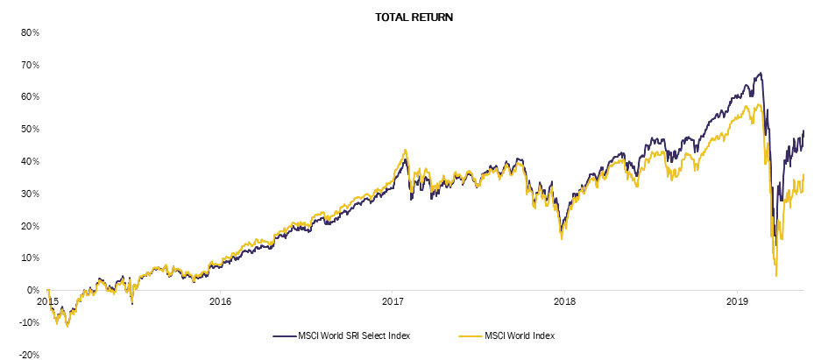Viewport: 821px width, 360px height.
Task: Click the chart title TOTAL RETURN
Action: pyautogui.click(x=414, y=18)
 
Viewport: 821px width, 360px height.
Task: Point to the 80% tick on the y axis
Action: pyautogui.click(x=31, y=32)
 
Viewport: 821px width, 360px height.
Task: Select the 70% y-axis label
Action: pyautogui.click(x=31, y=65)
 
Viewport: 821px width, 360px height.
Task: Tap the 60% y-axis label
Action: pyautogui.click(x=31, y=97)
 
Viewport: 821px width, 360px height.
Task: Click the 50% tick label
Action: pyautogui.click(x=31, y=130)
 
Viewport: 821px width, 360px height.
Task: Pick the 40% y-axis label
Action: pyautogui.click(x=31, y=161)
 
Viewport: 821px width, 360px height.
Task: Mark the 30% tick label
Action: pyautogui.click(x=31, y=194)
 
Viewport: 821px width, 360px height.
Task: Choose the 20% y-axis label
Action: pyautogui.click(x=31, y=226)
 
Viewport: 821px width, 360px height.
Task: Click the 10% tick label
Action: pyautogui.click(x=31, y=258)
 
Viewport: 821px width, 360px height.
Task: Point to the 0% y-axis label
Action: pyautogui.click(x=33, y=291)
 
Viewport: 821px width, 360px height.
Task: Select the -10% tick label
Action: pyautogui.click(x=30, y=322)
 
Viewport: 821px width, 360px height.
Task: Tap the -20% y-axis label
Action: pyautogui.click(x=30, y=355)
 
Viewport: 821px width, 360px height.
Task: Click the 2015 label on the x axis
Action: pyautogui.click(x=47, y=301)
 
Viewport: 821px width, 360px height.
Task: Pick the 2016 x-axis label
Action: pyautogui.click(x=220, y=301)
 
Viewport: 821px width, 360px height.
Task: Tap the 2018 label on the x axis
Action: pyautogui.click(x=564, y=301)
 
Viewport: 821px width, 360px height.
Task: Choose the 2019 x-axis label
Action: pyautogui.click(x=737, y=301)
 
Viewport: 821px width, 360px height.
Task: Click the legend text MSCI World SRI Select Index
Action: pyautogui.click(x=353, y=336)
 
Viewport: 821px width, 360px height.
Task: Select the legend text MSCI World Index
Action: pyautogui.click(x=520, y=336)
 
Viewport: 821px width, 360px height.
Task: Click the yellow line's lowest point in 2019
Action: pyautogui.click(x=776, y=276)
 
